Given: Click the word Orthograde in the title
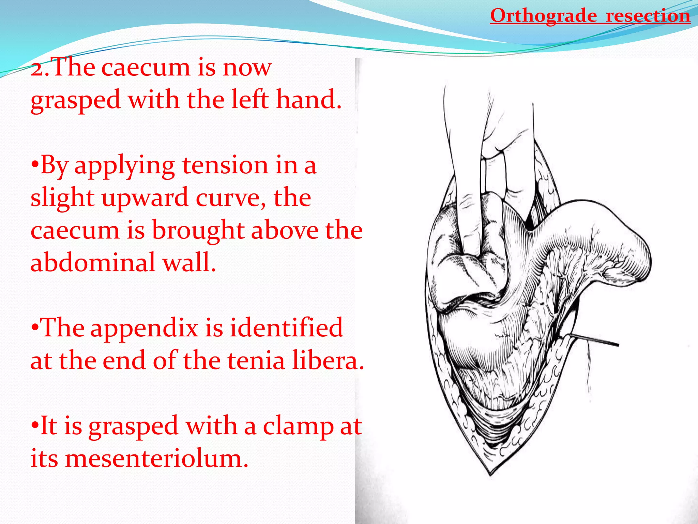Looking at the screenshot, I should [x=543, y=16].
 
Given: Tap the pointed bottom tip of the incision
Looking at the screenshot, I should [x=490, y=474].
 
